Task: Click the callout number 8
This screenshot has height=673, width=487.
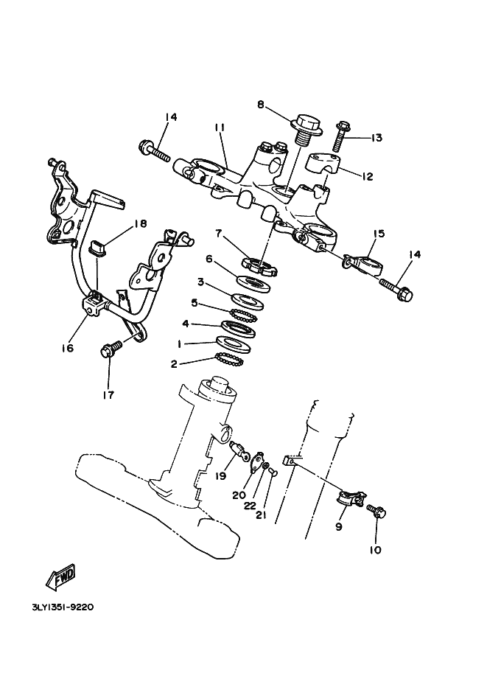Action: (x=260, y=105)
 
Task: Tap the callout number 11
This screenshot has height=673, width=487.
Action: (x=219, y=128)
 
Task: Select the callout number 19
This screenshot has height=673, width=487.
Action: (x=220, y=475)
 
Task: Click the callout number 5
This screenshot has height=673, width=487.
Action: (x=195, y=302)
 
